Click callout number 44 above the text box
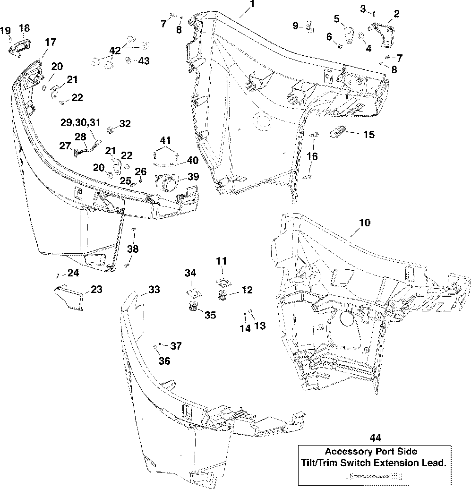[x=376, y=438]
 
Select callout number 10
[x=365, y=222]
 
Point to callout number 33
[x=154, y=290]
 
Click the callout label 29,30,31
[x=81, y=122]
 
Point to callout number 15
[x=369, y=135]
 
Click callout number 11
[x=222, y=261]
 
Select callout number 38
[x=133, y=249]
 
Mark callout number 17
[x=50, y=42]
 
